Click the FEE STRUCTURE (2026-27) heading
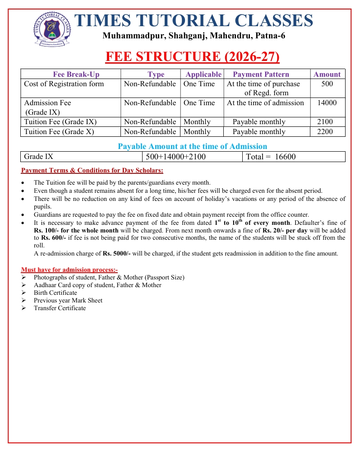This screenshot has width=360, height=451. click(x=193, y=57)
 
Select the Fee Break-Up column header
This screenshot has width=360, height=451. click(x=76, y=74)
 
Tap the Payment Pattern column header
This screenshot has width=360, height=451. click(x=261, y=74)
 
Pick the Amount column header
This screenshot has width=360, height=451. click(x=327, y=74)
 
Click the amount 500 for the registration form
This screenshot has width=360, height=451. click(x=328, y=84)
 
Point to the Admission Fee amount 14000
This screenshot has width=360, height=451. click(x=327, y=103)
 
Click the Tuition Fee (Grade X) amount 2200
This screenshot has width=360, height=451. click(x=325, y=132)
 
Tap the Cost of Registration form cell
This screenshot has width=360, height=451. click(x=64, y=84)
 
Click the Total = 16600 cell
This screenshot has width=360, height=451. click(x=271, y=157)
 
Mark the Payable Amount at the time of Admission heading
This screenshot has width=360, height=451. click(x=192, y=146)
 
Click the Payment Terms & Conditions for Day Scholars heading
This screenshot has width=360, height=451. click(x=92, y=171)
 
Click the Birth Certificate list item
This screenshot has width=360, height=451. click(x=55, y=293)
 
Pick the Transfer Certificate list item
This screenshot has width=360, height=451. click(x=60, y=308)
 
